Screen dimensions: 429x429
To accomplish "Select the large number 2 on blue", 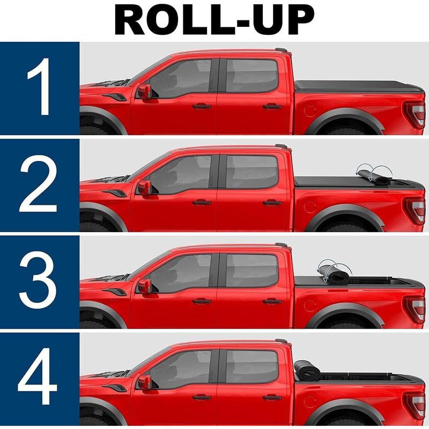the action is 38,183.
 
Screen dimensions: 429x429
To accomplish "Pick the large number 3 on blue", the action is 38,280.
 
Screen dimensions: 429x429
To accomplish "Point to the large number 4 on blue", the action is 38,377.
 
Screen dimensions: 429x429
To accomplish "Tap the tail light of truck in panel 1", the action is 415,114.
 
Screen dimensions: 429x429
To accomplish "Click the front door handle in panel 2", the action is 202,203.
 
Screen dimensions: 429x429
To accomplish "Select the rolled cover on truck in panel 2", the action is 372,177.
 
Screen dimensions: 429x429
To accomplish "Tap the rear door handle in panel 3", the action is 272,301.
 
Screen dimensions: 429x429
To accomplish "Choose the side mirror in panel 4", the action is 145,382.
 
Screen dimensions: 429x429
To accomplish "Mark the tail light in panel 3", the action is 415,308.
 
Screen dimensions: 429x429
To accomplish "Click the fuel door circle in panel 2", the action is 310,206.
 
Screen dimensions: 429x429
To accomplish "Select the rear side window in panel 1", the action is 252,76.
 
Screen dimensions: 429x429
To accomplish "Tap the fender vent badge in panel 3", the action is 114,291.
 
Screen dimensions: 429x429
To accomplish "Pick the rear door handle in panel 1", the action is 272,106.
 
